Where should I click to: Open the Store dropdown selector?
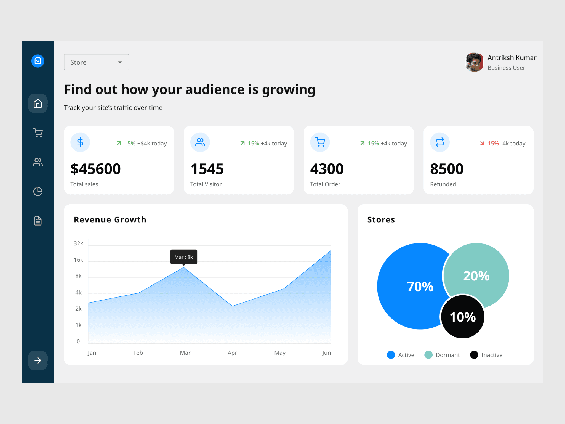click(x=96, y=62)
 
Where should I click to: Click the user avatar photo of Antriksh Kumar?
click(x=474, y=62)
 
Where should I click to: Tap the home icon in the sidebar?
click(x=38, y=104)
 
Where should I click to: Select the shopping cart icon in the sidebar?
click(x=38, y=133)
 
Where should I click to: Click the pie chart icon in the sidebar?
click(x=38, y=191)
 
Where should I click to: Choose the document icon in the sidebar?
click(x=38, y=221)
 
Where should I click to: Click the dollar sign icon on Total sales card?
click(x=80, y=142)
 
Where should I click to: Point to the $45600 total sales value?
click(x=95, y=169)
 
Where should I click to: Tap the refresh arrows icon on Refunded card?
click(x=440, y=142)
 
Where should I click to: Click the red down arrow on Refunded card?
click(x=482, y=143)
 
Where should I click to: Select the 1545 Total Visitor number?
click(x=207, y=169)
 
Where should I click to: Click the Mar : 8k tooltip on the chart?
click(x=184, y=257)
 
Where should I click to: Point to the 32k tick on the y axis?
click(x=78, y=243)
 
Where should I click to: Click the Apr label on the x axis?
click(x=232, y=353)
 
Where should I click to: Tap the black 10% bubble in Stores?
click(x=463, y=317)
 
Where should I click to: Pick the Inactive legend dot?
click(x=474, y=355)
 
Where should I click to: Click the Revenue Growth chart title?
click(x=110, y=220)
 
